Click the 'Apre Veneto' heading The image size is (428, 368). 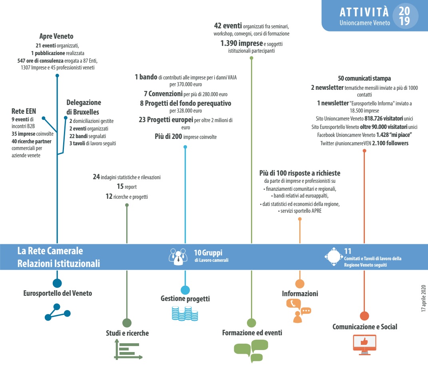click(56, 36)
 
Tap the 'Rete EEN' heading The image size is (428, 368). click(24, 111)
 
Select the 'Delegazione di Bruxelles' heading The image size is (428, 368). click(84, 107)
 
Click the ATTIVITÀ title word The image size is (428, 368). click(364, 12)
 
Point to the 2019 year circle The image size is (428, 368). click(405, 16)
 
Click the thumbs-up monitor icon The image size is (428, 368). click(364, 344)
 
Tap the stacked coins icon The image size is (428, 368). click(185, 313)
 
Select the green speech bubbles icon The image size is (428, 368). click(251, 351)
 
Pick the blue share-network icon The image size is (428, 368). click(57, 312)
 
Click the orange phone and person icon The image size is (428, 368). click(299, 311)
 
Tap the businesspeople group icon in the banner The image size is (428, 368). click(178, 257)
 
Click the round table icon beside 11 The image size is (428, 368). click(334, 257)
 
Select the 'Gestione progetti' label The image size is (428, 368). click(185, 299)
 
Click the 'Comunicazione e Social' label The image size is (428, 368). click(365, 326)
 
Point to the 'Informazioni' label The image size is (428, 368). click(300, 294)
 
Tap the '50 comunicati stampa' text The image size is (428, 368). click(364, 79)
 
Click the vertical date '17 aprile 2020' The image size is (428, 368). click(423, 299)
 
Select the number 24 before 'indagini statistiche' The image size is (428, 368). click(96, 177)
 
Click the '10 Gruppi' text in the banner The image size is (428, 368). click(208, 253)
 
